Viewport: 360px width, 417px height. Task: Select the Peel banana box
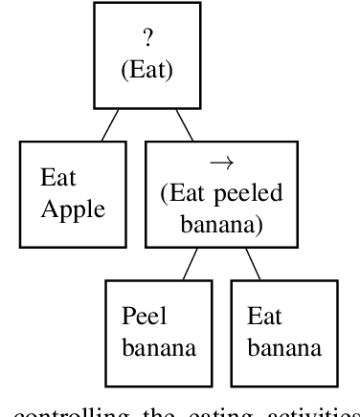tap(158, 331)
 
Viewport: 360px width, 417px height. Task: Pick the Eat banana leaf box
tap(283, 331)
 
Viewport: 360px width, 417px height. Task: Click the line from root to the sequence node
tap(186, 124)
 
